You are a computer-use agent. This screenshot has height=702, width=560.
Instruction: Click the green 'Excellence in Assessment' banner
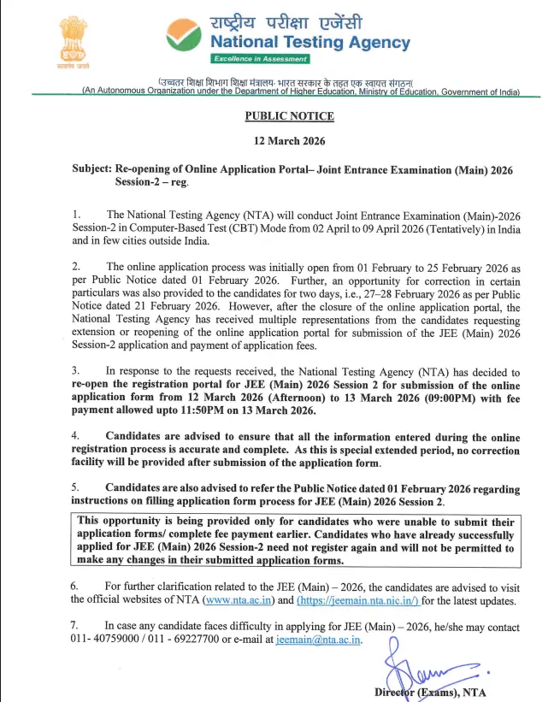[260, 59]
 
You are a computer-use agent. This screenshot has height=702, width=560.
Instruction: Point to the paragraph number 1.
[76, 214]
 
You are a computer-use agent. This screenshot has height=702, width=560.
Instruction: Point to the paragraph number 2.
[76, 268]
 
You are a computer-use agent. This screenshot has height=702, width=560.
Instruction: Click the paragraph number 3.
[76, 371]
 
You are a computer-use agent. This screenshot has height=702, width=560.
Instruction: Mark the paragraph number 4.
[76, 436]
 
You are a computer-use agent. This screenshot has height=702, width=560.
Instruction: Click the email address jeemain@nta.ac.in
[319, 640]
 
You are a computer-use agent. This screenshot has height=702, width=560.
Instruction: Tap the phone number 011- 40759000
[111, 640]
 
